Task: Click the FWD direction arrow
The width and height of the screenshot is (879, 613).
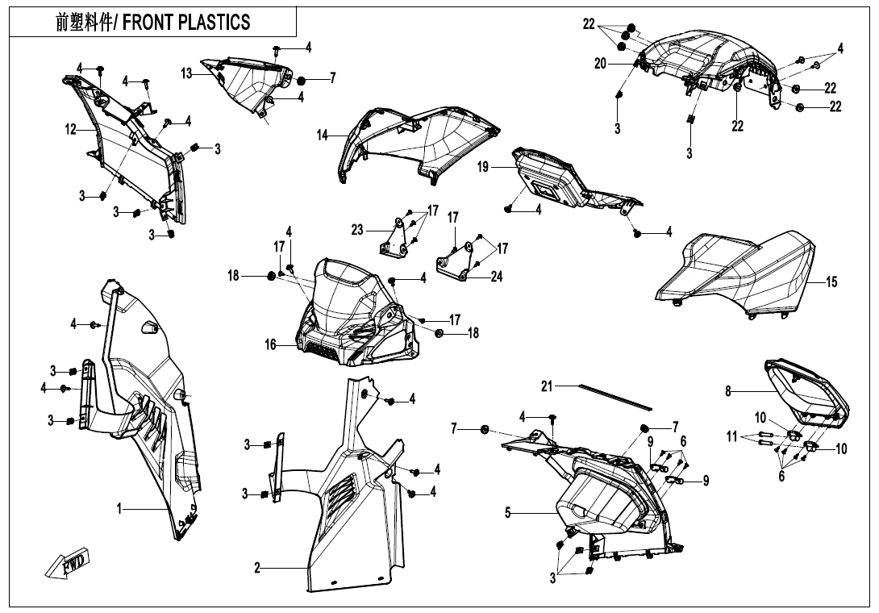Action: (68, 562)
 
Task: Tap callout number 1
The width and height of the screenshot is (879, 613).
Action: (119, 509)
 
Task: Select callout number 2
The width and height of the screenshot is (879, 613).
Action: (257, 569)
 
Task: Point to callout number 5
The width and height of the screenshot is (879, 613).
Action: (507, 512)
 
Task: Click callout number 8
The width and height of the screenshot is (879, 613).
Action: (728, 392)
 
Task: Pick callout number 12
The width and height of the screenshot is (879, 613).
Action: (70, 127)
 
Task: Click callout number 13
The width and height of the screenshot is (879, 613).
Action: (186, 74)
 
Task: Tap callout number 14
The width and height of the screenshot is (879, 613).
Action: (323, 136)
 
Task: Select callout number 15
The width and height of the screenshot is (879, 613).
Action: (831, 282)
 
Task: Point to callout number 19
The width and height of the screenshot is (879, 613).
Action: (483, 167)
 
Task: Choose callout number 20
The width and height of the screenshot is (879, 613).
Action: (600, 65)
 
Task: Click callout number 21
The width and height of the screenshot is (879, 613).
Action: (547, 387)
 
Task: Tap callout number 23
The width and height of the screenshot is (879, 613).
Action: (357, 230)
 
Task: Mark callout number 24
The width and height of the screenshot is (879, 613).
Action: (497, 277)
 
